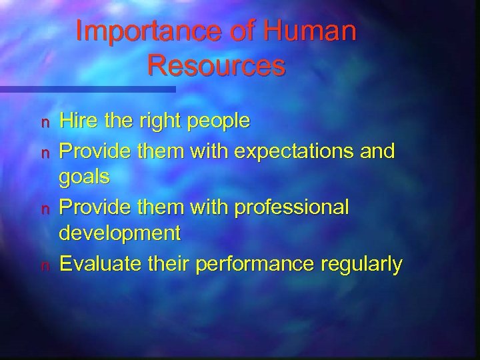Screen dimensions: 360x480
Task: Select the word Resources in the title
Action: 217,65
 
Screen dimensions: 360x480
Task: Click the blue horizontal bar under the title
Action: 87,89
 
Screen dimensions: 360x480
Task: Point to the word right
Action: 159,122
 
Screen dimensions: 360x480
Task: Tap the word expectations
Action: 291,151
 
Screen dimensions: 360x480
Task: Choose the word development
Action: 120,235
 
